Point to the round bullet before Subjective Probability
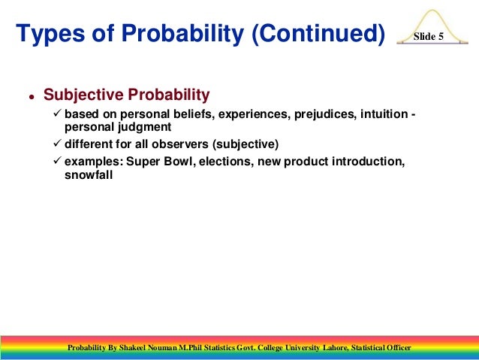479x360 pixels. coord(32,98)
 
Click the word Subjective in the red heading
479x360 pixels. coord(83,95)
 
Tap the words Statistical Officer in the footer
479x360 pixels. coord(380,347)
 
